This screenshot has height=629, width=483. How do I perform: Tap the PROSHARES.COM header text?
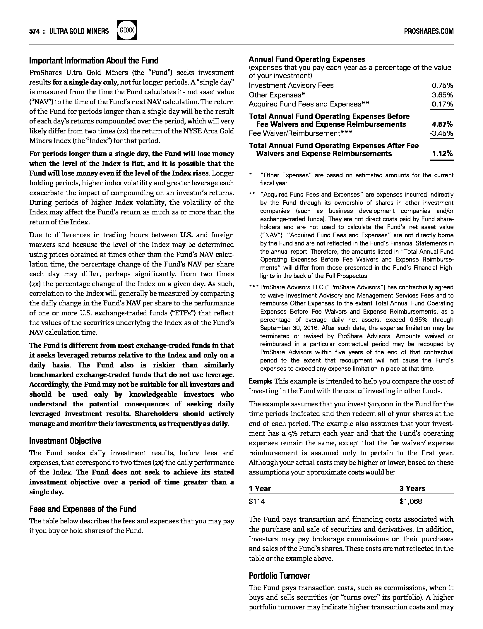pos(429,31)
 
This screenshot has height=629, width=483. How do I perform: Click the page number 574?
pos(34,31)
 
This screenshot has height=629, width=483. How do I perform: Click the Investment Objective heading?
pos(65,441)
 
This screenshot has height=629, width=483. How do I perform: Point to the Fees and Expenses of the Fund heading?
pos(83,509)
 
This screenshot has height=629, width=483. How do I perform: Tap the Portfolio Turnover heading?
pos(279,576)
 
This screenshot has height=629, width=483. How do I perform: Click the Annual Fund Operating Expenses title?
pos(307,59)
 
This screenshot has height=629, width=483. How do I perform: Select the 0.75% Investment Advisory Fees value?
pos(442,85)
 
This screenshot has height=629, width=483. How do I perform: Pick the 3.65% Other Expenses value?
pos(442,95)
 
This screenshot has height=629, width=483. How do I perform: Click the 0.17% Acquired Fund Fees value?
pos(442,104)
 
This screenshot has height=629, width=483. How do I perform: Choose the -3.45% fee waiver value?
pos(441,134)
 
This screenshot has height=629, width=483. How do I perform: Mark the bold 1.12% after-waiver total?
pos(442,154)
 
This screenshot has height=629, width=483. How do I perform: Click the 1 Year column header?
pos(260,488)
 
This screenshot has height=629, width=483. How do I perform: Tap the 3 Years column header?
pos(412,488)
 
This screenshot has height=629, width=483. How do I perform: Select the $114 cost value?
pos(257,501)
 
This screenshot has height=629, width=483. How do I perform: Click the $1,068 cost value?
pos(411,501)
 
